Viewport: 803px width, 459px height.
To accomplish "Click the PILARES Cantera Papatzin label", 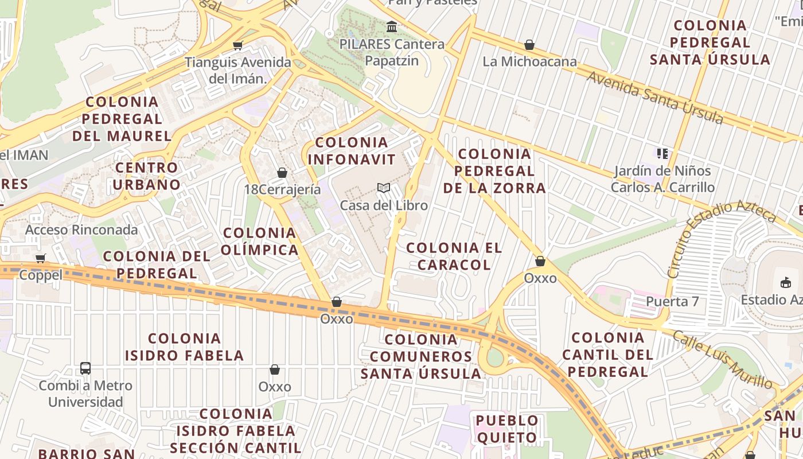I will (x=392, y=52).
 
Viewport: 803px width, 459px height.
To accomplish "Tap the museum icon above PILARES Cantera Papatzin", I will (x=392, y=26).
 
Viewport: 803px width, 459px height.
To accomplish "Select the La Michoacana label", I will (x=529, y=61).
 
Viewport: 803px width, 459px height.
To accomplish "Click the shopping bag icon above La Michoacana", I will (x=529, y=45).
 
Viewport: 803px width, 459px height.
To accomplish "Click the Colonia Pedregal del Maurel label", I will (x=122, y=119).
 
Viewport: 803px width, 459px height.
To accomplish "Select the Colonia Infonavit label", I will (x=352, y=151).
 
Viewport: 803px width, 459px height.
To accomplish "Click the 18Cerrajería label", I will (x=282, y=189).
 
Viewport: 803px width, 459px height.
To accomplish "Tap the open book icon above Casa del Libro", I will (x=384, y=188).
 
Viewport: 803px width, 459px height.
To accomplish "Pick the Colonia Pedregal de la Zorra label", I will (x=494, y=171).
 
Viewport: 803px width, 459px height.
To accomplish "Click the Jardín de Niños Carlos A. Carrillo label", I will (x=662, y=179).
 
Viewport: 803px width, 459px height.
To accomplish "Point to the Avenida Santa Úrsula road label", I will (x=654, y=95).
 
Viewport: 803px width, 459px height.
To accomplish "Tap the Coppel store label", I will (x=41, y=275).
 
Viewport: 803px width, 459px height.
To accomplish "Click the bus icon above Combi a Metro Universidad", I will (x=85, y=368).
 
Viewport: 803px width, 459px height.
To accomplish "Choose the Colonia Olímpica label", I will (x=260, y=241).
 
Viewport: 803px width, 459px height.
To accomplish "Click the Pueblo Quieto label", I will (x=507, y=429).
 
